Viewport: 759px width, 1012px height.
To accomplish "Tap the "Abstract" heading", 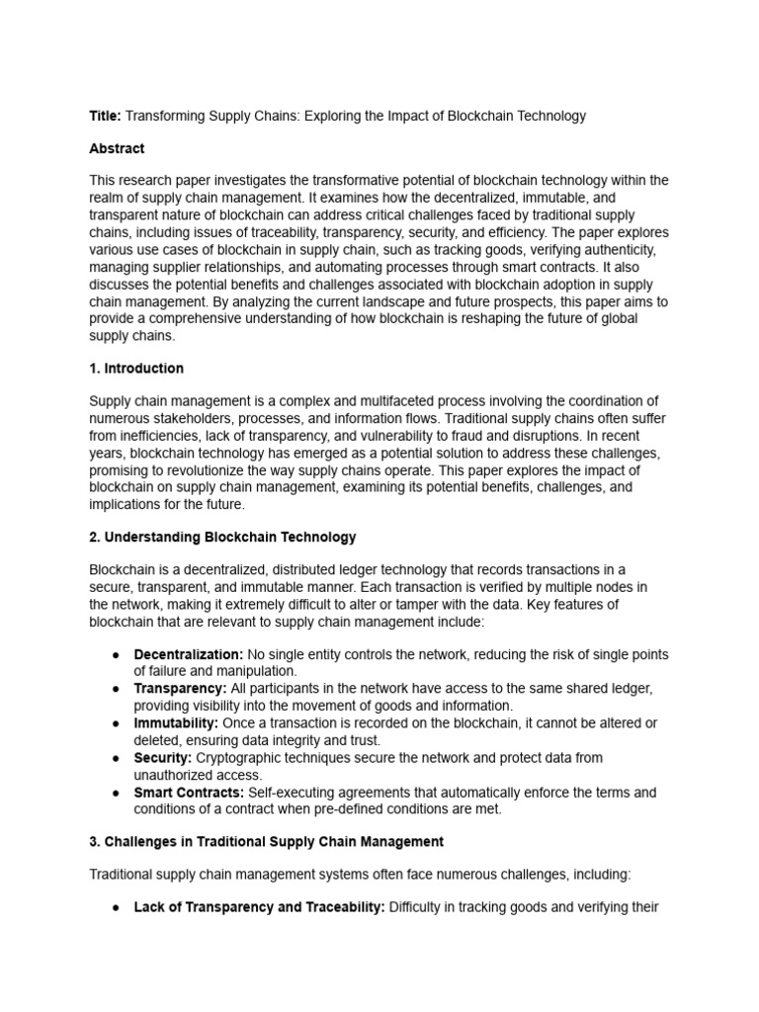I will [117, 148].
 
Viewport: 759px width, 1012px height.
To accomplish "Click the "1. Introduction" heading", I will [136, 369].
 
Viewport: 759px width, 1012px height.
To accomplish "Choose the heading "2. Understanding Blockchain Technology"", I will [222, 538].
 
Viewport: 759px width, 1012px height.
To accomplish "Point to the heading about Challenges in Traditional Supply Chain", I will [266, 842].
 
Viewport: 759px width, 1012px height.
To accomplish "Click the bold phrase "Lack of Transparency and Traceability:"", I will [259, 908].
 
